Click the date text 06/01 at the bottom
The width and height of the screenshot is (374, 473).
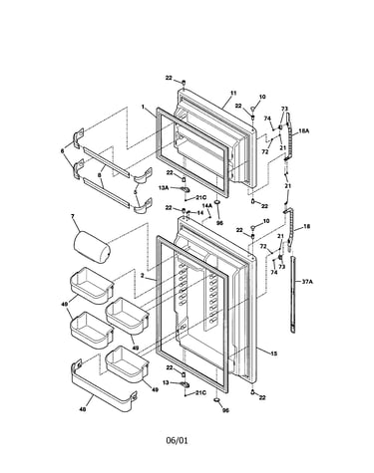click(x=177, y=440)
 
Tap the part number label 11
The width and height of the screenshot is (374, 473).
click(x=233, y=93)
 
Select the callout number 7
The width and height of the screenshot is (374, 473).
click(x=73, y=216)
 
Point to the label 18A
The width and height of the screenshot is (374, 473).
click(x=303, y=131)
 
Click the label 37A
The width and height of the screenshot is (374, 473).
click(x=307, y=282)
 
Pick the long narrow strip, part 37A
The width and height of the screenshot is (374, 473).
click(x=292, y=295)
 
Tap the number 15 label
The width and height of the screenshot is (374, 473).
click(x=273, y=354)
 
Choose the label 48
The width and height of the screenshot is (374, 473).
click(x=83, y=409)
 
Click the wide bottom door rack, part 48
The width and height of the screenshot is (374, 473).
click(x=103, y=385)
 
